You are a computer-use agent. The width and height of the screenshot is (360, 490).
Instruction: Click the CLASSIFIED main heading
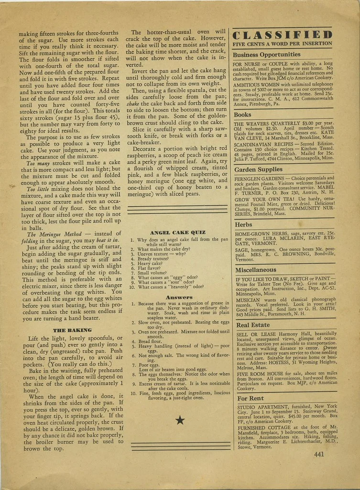click(282, 34)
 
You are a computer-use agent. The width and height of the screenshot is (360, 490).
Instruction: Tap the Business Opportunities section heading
click(266, 55)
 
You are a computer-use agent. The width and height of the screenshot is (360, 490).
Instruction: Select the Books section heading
click(242, 115)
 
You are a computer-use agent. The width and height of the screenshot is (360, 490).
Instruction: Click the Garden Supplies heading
click(258, 169)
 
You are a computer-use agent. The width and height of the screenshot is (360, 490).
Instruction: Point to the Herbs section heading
click(243, 224)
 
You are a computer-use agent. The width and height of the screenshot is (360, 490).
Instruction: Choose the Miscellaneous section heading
click(255, 269)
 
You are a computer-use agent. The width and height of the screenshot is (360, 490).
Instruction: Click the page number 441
click(319, 454)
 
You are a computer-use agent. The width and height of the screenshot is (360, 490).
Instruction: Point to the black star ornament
click(180, 420)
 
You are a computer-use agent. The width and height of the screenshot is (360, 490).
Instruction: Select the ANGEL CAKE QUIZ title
click(177, 232)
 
